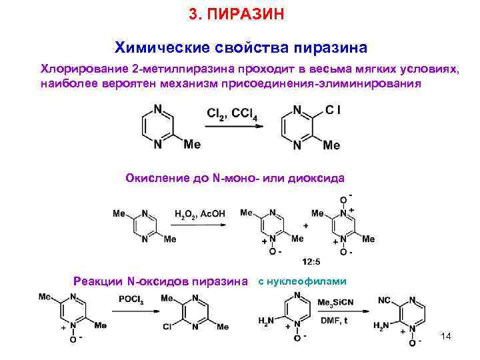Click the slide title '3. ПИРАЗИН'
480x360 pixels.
[x=237, y=13]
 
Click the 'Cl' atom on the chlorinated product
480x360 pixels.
[x=333, y=108]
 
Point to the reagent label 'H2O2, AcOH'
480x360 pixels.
[x=199, y=214]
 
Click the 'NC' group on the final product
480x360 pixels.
[x=385, y=301]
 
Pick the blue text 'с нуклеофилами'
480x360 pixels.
[x=302, y=280]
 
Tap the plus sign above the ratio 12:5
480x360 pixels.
[x=305, y=226]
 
